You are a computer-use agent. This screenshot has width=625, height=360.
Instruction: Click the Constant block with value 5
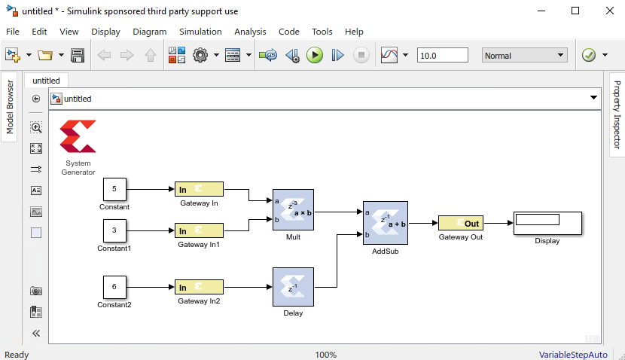114,189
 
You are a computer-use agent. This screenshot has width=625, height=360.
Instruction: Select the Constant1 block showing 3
114,230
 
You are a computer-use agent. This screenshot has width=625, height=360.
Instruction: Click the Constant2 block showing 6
114,287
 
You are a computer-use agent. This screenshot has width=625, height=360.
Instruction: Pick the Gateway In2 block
199,287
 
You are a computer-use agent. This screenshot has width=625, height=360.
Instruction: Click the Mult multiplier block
293,209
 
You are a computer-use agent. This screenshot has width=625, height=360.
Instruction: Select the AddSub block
385,223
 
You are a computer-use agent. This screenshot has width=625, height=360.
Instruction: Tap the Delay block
293,287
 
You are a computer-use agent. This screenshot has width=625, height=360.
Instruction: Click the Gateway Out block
461,223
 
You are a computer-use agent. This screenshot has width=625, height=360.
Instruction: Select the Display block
547,223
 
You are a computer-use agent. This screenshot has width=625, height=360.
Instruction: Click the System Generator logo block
78,137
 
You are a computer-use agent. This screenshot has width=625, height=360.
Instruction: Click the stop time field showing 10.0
442,55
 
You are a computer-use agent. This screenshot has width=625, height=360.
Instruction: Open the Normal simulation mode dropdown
524,55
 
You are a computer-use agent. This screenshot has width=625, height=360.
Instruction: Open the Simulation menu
200,32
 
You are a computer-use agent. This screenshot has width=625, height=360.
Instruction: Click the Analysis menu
250,32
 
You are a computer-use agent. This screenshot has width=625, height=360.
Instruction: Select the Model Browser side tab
10,107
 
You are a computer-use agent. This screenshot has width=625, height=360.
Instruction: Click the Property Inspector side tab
617,114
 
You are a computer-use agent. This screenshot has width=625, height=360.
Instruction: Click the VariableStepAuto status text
572,354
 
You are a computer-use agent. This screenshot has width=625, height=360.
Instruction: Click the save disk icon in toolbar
77,55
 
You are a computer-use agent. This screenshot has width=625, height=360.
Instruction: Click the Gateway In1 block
199,230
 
